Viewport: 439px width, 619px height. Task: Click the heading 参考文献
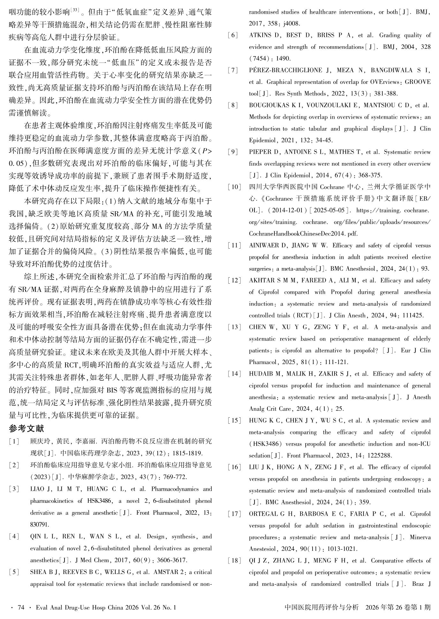[26, 429]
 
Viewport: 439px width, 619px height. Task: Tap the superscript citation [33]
[74, 10]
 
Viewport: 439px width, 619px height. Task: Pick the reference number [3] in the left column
[14, 489]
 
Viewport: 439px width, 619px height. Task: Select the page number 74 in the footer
[21, 608]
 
